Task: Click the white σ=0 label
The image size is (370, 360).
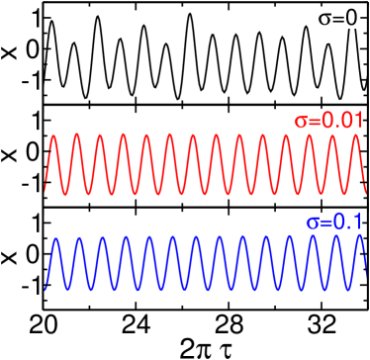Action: tap(339, 18)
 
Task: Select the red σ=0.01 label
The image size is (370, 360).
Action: tap(328, 120)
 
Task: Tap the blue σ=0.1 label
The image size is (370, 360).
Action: tap(334, 223)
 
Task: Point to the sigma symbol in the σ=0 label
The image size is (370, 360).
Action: tap(325, 19)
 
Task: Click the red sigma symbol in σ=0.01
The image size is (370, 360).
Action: tap(301, 121)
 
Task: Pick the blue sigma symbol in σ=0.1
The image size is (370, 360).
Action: tap(313, 224)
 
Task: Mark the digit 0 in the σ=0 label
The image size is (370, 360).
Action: tap(352, 18)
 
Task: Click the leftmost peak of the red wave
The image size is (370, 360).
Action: tap(55, 136)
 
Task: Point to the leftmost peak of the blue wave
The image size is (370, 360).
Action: tap(57, 238)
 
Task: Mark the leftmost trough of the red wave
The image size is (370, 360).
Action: tap(66, 192)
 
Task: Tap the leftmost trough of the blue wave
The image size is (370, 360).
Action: tap(68, 289)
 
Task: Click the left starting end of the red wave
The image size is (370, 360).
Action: tap(46, 188)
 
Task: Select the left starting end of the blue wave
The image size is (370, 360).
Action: tap(46, 289)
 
